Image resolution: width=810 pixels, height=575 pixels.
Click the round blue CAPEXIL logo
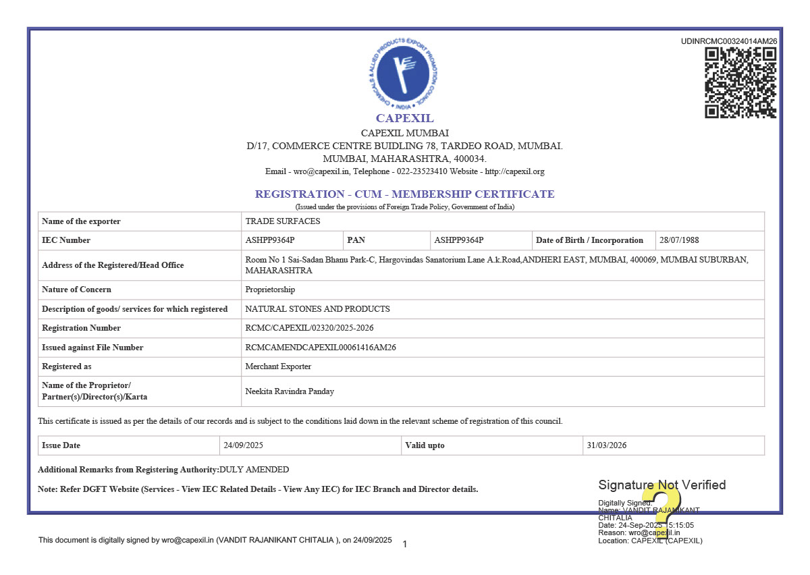404,74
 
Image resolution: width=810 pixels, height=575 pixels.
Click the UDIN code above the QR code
729,41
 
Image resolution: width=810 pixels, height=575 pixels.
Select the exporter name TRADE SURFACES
283,221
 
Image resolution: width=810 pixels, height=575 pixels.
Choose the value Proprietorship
270,290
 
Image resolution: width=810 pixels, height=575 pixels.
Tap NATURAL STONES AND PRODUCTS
317,309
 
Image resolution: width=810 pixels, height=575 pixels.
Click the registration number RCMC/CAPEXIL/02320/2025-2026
309,328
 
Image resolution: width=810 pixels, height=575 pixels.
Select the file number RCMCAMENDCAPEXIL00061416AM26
321,348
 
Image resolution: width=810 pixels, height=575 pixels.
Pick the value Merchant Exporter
278,366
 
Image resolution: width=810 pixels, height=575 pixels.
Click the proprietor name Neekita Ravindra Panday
290,391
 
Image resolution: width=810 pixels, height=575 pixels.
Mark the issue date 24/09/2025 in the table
244,445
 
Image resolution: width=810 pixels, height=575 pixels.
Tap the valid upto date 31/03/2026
607,445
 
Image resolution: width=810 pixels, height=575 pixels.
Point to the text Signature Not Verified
661,485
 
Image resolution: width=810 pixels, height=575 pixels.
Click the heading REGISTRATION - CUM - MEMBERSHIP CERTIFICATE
404,194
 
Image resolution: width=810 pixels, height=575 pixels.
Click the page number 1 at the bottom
404,544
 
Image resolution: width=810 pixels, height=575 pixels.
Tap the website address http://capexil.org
514,171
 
